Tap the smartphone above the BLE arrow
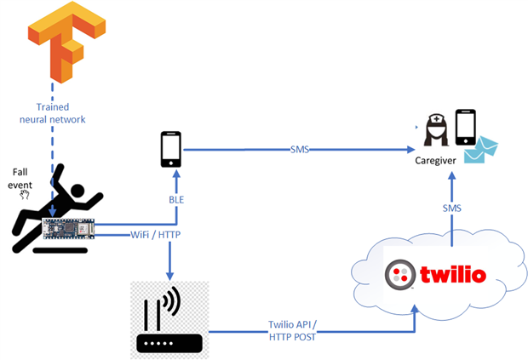click(x=171, y=150)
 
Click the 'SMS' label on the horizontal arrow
click(x=299, y=150)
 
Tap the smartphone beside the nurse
click(x=465, y=127)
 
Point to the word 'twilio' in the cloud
click(x=454, y=275)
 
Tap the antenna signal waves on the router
click(x=173, y=302)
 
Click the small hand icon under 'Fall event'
click(x=25, y=194)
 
